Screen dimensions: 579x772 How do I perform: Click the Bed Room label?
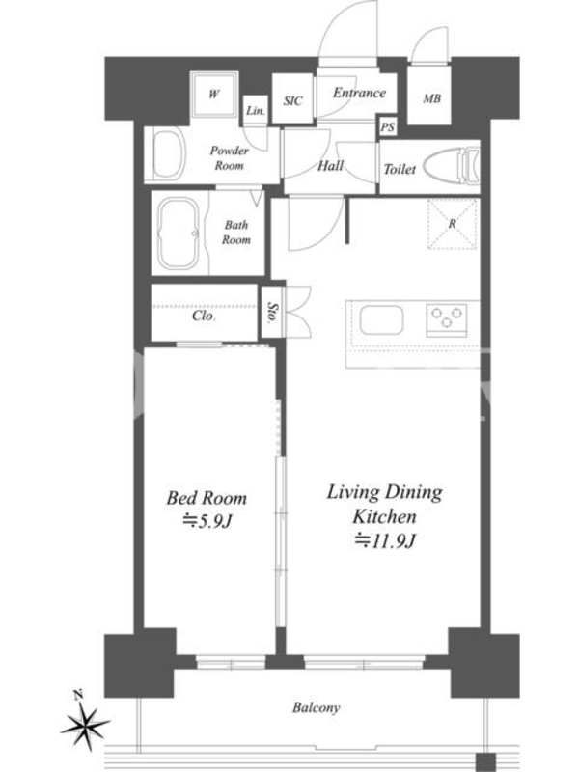pos(207,498)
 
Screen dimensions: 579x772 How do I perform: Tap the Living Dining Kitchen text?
pos(384,504)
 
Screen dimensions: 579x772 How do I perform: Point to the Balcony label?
pos(317,708)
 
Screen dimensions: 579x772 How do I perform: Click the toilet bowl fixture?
pos(451,167)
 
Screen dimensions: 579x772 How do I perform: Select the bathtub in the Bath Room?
pos(179,234)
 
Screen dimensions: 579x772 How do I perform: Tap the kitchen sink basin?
pos(381,320)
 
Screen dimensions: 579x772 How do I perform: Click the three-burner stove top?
pos(447,318)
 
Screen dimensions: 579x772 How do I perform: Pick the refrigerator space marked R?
pos(453,224)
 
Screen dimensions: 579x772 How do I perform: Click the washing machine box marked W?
pos(214,95)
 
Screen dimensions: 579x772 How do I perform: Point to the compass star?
pos(85,725)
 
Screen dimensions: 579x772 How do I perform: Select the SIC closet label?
pos(293,101)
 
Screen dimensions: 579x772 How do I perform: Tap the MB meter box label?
pos(431,99)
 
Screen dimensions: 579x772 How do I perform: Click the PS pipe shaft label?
pos(388,127)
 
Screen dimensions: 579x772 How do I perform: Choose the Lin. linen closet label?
pos(256,111)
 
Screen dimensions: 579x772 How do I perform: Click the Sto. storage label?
pos(272,312)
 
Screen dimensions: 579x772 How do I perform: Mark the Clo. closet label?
pos(204,316)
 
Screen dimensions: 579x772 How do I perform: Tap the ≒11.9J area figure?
pos(385,541)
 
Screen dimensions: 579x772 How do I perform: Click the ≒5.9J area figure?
pos(207,521)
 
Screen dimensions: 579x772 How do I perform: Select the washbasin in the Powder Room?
pos(168,153)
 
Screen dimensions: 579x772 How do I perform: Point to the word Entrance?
pos(359,93)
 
